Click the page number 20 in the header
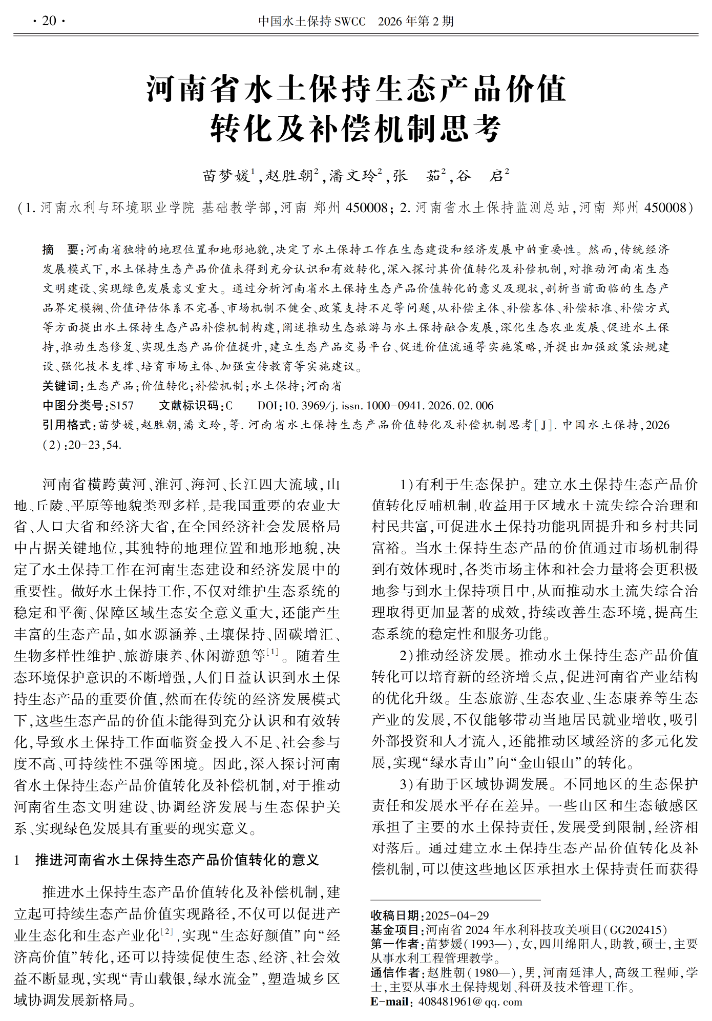(47, 19)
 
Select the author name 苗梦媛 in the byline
(225, 176)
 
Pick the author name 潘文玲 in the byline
(353, 176)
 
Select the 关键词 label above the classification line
(62, 384)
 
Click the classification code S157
(121, 405)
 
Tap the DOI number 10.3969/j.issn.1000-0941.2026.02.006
(389, 405)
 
